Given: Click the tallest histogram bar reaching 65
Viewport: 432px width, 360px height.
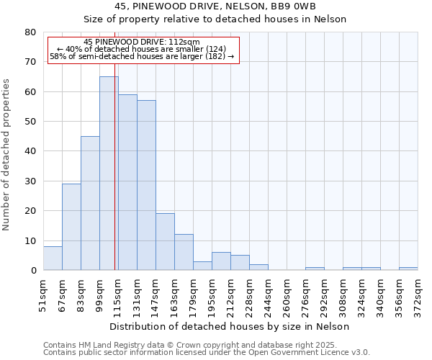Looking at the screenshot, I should [x=109, y=173].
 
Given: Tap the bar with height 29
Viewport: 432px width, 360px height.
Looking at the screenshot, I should [x=71, y=227].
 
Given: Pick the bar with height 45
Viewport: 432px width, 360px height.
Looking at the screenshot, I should [x=90, y=203].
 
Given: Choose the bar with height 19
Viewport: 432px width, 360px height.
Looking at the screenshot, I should [x=165, y=242].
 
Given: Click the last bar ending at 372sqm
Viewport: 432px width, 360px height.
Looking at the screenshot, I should [x=408, y=269].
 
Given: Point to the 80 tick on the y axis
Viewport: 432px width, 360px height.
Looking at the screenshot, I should [x=31, y=32].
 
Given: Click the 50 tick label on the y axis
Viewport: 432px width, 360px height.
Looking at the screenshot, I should [x=31, y=122].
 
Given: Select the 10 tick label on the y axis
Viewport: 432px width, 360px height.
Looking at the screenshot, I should [x=31, y=241].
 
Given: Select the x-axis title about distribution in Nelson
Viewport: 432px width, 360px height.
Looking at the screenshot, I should [x=230, y=326].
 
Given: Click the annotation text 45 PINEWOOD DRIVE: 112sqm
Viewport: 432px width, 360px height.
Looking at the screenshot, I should [x=142, y=42].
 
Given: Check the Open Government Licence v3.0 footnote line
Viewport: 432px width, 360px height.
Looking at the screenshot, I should [x=207, y=353].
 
